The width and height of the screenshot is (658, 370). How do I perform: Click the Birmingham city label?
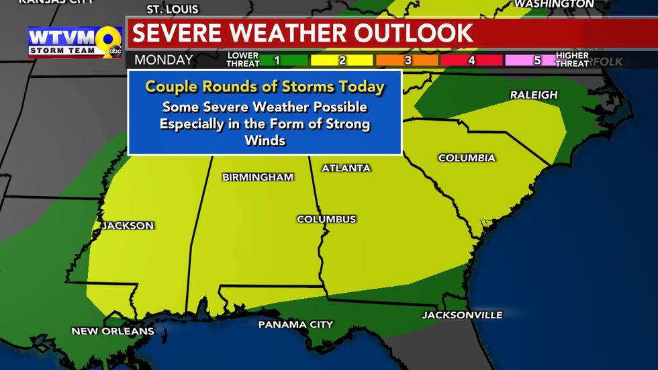point(258,177)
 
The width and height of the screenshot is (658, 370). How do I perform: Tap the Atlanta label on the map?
point(346,168)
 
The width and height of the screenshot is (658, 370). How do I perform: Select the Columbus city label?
point(326,219)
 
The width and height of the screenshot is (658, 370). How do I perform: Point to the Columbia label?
point(467,158)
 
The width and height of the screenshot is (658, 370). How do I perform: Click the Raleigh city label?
point(534,95)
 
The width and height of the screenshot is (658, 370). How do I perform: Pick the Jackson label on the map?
point(128,226)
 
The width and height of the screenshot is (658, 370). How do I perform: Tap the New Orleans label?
point(113,331)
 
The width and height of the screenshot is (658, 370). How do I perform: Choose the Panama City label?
point(295,324)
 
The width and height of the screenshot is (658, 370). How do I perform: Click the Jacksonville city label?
point(462,315)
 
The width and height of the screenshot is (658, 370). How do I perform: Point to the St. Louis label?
point(173,9)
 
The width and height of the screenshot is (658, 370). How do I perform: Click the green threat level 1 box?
point(277,60)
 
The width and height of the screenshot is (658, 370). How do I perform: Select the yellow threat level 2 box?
point(342,60)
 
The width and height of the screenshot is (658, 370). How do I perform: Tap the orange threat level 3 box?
point(406,60)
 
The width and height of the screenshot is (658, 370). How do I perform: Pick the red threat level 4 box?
point(471,60)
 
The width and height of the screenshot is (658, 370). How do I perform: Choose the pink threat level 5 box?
point(536,60)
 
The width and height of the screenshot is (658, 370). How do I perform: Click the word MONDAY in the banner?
point(164,60)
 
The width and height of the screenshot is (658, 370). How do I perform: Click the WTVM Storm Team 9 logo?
point(75,42)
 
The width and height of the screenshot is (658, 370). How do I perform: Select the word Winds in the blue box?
point(265,140)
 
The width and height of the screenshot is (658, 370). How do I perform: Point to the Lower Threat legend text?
point(242,60)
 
